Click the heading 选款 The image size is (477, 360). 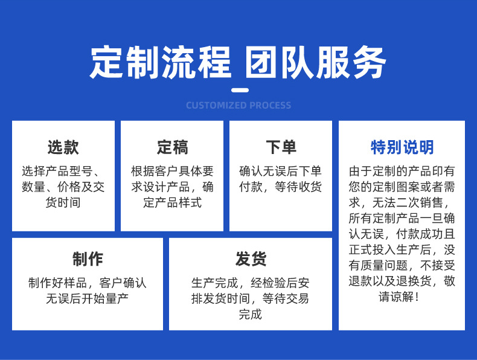tap(63, 147)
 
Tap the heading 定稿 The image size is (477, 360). tap(172, 147)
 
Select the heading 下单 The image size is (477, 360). tap(281, 147)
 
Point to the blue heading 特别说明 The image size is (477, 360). tap(402, 147)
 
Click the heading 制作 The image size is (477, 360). tap(88, 259)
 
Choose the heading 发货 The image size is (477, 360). tap(251, 259)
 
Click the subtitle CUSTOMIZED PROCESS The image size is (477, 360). tap(238, 106)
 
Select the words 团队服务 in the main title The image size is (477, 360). tap(315, 62)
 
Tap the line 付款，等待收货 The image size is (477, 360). tap(281, 187)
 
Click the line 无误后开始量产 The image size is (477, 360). tap(88, 298)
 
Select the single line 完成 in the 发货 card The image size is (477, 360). tap(251, 314)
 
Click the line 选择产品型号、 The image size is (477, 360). tap(63, 171)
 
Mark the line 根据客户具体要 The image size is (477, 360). tap(172, 171)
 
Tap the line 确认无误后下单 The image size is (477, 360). tap(281, 171)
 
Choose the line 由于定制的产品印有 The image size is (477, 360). tap(402, 171)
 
